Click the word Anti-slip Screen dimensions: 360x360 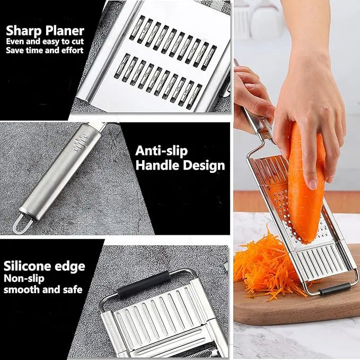[162, 151]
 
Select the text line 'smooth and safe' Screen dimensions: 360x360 [43, 289]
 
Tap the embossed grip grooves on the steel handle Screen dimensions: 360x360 [81, 142]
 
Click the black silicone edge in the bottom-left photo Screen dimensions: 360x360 [143, 284]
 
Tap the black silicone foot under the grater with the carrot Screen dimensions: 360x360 [334, 289]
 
